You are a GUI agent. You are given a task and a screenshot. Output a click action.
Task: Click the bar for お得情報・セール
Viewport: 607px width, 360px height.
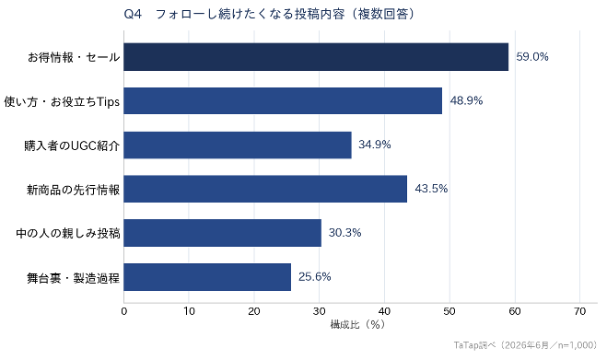click(316, 57)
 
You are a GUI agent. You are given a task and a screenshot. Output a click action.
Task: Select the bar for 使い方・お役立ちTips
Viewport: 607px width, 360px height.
click(283, 100)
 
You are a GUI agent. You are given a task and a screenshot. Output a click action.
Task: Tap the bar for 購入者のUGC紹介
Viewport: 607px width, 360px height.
click(238, 145)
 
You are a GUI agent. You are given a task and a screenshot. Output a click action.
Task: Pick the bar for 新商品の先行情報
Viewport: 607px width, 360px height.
click(265, 189)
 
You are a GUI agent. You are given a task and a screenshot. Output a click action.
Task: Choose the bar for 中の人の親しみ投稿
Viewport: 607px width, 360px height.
click(223, 233)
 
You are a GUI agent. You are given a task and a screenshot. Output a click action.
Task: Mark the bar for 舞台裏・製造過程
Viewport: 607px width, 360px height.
click(207, 277)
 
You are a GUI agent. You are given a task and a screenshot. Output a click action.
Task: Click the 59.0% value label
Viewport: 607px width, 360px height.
click(532, 57)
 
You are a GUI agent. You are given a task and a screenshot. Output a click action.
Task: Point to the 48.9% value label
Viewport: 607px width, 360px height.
click(466, 100)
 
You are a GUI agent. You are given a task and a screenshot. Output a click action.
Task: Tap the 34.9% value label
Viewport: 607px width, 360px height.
click(375, 145)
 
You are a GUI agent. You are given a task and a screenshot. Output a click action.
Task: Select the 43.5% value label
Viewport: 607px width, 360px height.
click(431, 189)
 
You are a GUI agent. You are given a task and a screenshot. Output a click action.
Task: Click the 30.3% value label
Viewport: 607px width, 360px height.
click(344, 233)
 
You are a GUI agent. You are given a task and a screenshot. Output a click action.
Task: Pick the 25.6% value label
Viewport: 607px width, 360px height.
click(315, 277)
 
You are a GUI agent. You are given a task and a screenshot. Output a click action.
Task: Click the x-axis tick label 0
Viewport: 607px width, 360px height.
click(123, 311)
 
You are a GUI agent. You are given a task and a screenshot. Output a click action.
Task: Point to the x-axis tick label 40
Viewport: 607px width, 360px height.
click(384, 311)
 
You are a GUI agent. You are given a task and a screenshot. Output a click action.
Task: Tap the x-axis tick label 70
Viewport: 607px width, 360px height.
click(580, 311)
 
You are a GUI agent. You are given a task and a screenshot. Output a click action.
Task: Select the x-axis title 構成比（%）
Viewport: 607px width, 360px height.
click(357, 324)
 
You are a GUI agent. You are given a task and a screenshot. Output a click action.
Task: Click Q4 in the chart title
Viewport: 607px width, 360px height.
click(133, 15)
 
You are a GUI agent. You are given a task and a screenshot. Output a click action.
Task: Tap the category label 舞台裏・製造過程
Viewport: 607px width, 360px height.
click(73, 277)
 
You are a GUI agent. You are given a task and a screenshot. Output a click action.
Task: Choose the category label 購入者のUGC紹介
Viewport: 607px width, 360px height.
click(72, 145)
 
